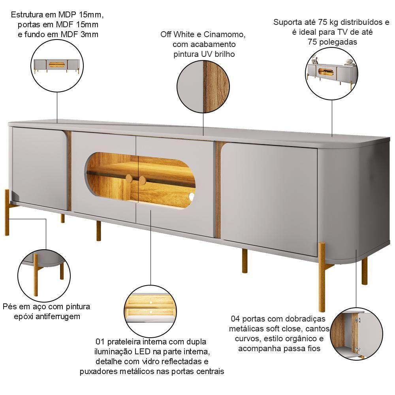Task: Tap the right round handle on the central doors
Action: coord(142,180)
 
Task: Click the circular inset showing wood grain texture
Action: coord(203,86)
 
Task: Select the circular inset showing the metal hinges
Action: coord(356,334)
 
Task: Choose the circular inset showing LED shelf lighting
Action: coord(150,311)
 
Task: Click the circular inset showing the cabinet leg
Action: coord(44,276)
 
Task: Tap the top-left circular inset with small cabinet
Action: coord(57,66)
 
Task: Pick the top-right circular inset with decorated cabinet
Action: coord(332,73)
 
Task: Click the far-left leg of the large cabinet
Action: coord(7,212)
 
